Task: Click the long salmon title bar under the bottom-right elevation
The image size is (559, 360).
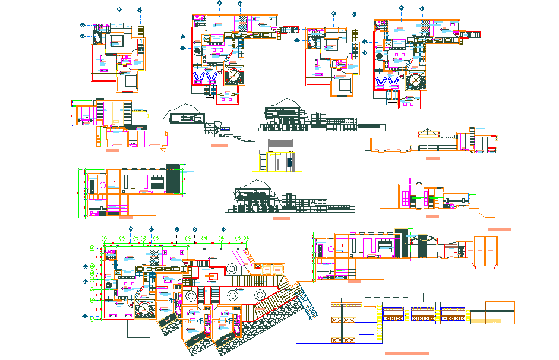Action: click(406, 353)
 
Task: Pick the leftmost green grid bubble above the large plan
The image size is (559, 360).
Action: click(103, 238)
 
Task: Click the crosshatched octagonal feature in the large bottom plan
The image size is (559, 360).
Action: click(144, 308)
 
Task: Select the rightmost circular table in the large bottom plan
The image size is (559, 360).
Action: click(260, 296)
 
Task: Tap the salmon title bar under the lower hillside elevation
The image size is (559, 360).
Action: click(281, 218)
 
